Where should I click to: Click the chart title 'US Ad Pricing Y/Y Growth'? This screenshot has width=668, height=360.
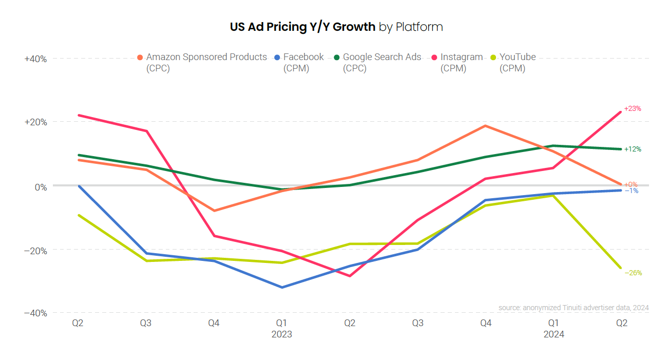pyautogui.click(x=303, y=27)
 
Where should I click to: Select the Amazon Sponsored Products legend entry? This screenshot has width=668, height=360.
pyautogui.click(x=205, y=57)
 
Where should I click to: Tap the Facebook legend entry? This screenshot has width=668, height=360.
pyautogui.click(x=303, y=57)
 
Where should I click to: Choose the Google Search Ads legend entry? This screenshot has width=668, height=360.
pyautogui.click(x=381, y=57)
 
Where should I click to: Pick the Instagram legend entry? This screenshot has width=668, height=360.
pyautogui.click(x=461, y=57)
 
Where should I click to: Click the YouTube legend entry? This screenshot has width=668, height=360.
pyautogui.click(x=517, y=57)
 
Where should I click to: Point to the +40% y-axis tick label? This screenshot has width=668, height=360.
pyautogui.click(x=35, y=59)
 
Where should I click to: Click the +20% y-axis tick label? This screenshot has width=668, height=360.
pyautogui.click(x=35, y=122)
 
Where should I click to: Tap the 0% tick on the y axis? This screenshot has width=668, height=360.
pyautogui.click(x=40, y=186)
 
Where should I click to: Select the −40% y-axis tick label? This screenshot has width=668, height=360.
pyautogui.click(x=35, y=313)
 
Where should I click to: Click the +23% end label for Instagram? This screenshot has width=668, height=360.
pyautogui.click(x=632, y=109)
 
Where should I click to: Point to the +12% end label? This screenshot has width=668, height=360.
pyautogui.click(x=632, y=149)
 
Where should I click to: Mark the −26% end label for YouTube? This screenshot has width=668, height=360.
pyautogui.click(x=633, y=273)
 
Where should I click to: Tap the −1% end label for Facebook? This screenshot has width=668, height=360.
pyautogui.click(x=632, y=191)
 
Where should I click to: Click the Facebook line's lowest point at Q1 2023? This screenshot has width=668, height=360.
pyautogui.click(x=281, y=287)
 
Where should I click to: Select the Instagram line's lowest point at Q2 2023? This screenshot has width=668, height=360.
pyautogui.click(x=350, y=276)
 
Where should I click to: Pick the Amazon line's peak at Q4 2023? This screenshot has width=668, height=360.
pyautogui.click(x=485, y=126)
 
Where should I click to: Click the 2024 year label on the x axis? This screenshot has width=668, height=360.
pyautogui.click(x=554, y=334)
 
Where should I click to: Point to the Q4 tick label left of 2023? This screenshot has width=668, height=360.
pyautogui.click(x=214, y=324)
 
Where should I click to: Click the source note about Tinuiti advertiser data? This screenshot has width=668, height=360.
pyautogui.click(x=573, y=308)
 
